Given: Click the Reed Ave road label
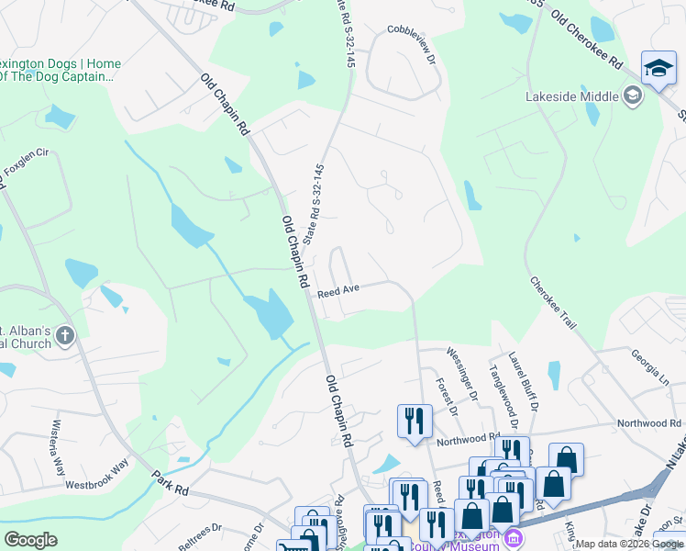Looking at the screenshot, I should tap(337, 290).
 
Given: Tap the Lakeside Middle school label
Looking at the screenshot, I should tap(573, 96).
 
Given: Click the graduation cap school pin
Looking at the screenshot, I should tap(658, 69).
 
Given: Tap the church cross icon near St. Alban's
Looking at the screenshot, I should tap(64, 336).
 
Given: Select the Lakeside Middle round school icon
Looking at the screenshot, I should tap(632, 95).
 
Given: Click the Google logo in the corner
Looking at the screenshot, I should tap(30, 540).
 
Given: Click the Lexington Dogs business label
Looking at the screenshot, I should tap(61, 70).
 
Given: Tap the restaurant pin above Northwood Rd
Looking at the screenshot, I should tap(415, 421).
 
